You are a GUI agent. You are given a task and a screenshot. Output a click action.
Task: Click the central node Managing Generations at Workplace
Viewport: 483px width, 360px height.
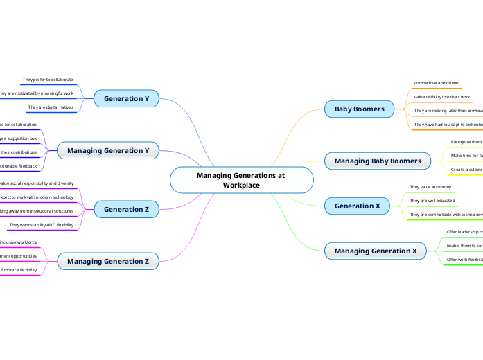241,180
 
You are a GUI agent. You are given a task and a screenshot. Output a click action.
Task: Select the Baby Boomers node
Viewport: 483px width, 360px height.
359,109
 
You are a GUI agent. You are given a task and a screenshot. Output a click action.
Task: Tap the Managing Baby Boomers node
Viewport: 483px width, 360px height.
378,161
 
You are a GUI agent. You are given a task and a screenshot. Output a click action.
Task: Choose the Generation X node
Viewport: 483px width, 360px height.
357,206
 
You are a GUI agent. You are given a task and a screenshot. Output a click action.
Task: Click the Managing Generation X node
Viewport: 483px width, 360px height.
375,251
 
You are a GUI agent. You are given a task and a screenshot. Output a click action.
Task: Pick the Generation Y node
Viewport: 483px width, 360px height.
126,99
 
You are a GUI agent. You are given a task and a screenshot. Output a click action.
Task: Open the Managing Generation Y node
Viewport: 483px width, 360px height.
108,150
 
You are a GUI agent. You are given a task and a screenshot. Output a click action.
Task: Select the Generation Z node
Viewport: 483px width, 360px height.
126,208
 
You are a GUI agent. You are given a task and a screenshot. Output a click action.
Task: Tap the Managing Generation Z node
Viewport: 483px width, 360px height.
108,261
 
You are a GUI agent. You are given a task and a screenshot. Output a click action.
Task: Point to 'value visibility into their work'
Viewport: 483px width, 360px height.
442,97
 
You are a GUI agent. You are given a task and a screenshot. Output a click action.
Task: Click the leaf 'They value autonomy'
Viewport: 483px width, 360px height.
430,187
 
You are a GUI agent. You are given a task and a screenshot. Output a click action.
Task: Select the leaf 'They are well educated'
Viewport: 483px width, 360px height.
432,201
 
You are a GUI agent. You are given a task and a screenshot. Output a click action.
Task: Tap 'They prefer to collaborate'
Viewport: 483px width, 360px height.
48,80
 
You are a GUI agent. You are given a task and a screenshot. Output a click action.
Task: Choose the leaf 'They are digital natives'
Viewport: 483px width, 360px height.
50,107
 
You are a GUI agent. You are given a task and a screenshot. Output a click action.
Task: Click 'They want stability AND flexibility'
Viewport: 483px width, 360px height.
42,225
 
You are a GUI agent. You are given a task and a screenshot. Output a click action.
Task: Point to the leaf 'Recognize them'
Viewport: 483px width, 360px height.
466,142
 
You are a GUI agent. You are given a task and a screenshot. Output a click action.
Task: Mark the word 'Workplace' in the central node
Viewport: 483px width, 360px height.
241,186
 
